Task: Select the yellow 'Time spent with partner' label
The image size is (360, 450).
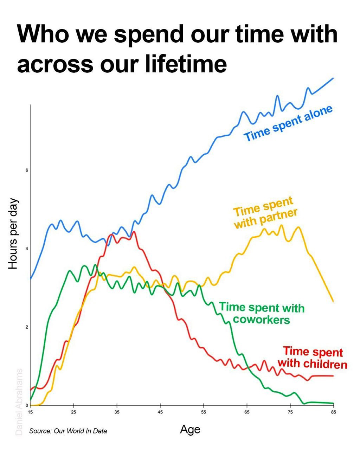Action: click(x=265, y=212)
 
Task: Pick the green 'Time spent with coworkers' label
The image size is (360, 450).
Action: click(x=262, y=313)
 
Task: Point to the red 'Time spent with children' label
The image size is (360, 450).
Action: click(x=313, y=358)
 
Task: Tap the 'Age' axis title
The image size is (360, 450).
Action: click(x=190, y=429)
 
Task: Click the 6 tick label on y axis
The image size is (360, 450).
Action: click(x=26, y=170)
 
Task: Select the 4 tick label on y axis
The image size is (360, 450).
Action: click(x=26, y=249)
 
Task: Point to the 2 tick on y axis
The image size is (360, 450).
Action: click(x=26, y=327)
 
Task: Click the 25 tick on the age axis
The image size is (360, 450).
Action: click(x=73, y=412)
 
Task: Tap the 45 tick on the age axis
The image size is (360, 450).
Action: click(x=160, y=412)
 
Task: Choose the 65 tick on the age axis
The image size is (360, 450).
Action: click(x=247, y=412)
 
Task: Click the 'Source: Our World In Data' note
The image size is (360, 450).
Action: click(x=68, y=431)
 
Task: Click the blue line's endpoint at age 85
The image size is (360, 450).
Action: click(x=333, y=78)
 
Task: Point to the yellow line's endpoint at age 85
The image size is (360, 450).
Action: click(x=333, y=301)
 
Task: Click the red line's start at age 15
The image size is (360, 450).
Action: click(x=31, y=390)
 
